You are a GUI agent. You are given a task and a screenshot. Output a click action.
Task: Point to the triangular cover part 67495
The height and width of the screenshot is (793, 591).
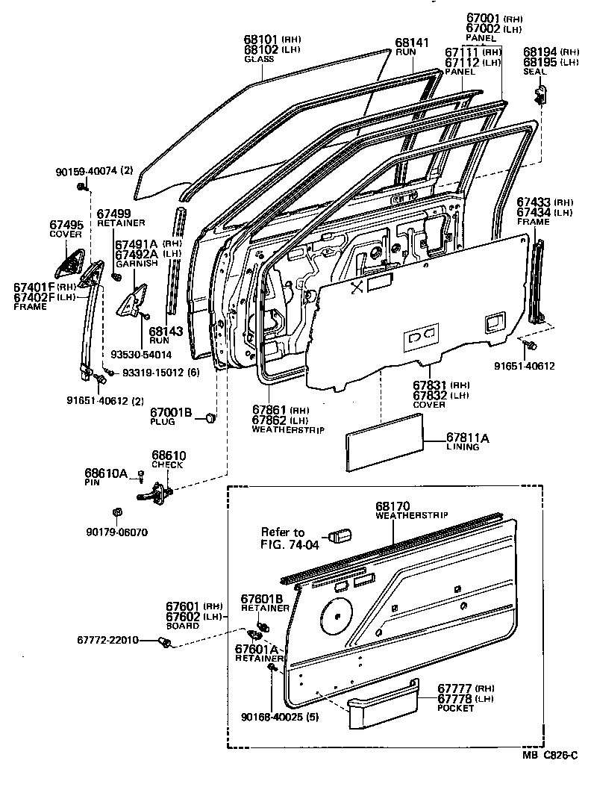pos(71,261)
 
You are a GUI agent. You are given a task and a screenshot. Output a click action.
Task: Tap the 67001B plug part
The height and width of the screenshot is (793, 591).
pos(210,417)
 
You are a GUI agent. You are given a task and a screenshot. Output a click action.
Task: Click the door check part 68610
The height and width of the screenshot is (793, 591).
pos(159,491)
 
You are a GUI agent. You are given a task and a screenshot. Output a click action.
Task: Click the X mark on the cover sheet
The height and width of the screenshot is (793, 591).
pos(357,286)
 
